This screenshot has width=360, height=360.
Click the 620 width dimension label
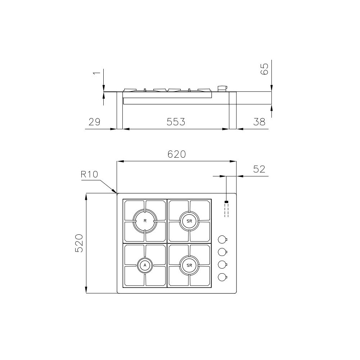[176, 154]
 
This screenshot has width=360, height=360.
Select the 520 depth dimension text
[79, 243]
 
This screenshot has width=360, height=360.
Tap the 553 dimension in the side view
[176, 122]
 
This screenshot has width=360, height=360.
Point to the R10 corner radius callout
[90, 175]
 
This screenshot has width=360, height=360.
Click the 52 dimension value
[259, 169]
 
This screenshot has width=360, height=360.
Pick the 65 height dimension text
[265, 69]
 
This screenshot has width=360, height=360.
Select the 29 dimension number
[94, 122]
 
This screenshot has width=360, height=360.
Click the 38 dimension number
[259, 122]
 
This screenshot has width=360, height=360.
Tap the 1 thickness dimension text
[96, 73]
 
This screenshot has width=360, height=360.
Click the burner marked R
[145, 220]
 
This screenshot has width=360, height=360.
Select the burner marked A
[145, 265]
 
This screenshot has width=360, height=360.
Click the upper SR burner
[189, 220]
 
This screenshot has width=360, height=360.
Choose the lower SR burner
[189, 265]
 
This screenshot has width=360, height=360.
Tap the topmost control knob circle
[222, 239]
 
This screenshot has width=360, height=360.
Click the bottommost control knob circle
[222, 277]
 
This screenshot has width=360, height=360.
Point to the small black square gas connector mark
[226, 202]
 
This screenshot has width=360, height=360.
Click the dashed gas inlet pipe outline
[226, 211]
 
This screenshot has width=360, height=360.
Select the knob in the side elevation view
[222, 88]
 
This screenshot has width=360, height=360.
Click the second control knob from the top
[222, 252]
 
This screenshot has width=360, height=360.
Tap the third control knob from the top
[222, 265]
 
